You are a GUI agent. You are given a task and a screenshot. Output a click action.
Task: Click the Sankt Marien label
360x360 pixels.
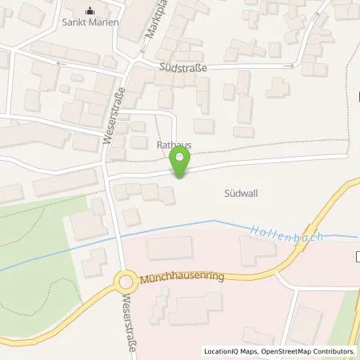(90, 22)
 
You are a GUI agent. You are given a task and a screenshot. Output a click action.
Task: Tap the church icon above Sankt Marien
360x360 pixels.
(90, 11)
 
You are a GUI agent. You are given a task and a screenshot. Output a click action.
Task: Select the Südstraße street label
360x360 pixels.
(183, 69)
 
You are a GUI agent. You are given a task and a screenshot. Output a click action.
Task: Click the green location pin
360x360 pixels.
(182, 163)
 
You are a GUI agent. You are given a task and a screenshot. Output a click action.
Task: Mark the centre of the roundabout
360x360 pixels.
(125, 282)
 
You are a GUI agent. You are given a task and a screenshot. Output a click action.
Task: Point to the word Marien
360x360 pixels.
(104, 22)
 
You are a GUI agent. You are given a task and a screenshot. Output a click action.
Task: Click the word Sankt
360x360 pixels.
(75, 22)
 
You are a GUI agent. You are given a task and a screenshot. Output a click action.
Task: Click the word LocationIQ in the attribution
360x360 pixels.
(218, 351)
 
